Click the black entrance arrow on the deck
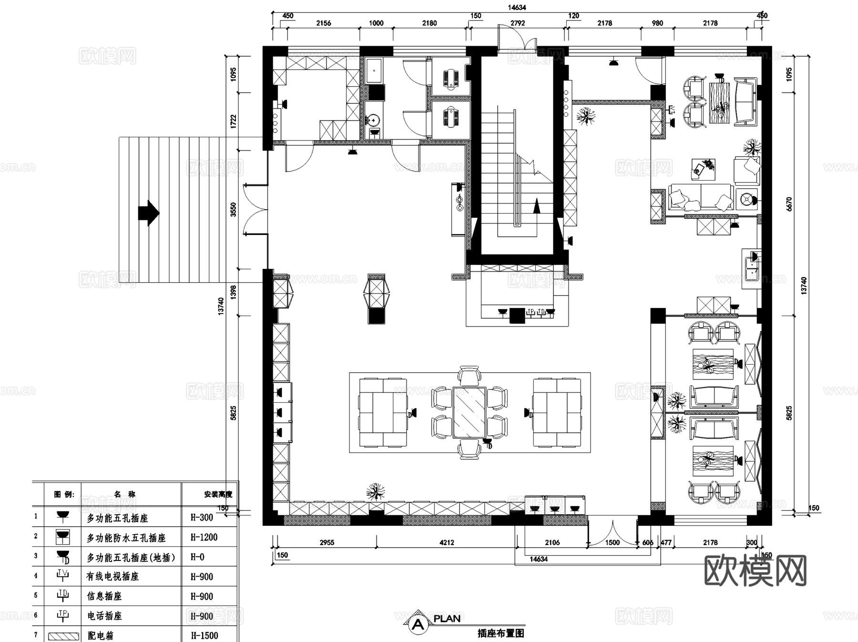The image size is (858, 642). click(149, 213)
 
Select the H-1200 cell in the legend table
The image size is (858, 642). click(204, 537)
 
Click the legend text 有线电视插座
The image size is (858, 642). click(112, 576)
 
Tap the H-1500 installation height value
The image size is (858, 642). click(204, 635)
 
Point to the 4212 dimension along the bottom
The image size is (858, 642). click(447, 542)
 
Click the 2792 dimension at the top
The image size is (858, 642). click(518, 23)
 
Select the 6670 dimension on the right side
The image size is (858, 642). click(789, 204)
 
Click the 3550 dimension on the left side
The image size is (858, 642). click(234, 210)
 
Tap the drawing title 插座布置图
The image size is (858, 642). click(500, 633)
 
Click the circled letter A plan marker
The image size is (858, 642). click(419, 624)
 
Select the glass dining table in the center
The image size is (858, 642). click(469, 413)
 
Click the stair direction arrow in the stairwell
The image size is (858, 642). click(537, 206)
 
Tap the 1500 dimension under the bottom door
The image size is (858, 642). click(613, 542)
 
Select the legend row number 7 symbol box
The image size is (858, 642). click(63, 636)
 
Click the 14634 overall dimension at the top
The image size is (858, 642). click(517, 7)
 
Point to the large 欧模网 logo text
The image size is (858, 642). click(756, 571)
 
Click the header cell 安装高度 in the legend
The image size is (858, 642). click(218, 494)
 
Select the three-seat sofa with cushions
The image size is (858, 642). click(700, 197)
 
